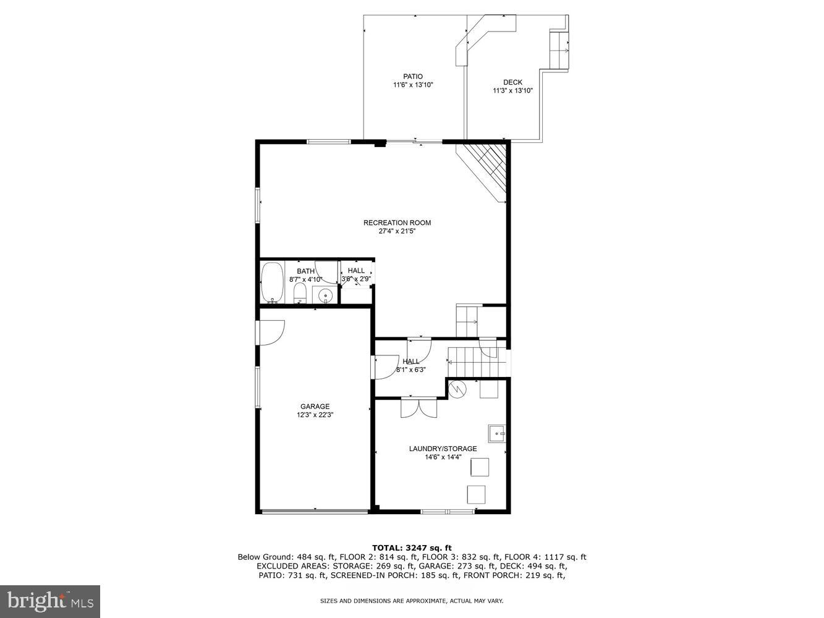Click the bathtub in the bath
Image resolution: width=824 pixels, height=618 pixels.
[272, 282]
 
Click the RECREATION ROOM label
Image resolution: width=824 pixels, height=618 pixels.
[397, 222]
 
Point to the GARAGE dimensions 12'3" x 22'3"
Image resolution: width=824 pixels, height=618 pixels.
[315, 415]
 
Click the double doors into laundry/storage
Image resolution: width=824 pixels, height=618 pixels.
[418, 407]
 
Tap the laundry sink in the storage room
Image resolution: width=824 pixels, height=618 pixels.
[497, 434]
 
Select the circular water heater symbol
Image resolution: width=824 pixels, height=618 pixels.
[457, 389]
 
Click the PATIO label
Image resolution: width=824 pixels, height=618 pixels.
[413, 77]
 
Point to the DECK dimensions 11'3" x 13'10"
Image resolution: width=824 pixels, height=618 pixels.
[512, 91]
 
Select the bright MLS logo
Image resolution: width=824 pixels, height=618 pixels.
[50, 601]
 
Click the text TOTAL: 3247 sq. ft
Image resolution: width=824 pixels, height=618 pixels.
[412, 548]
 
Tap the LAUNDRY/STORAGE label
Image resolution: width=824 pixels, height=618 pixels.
[443, 449]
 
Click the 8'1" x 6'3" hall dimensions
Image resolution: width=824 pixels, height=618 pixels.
[410, 370]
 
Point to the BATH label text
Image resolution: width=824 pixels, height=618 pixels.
[305, 271]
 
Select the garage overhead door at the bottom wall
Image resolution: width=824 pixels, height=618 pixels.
[315, 511]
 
